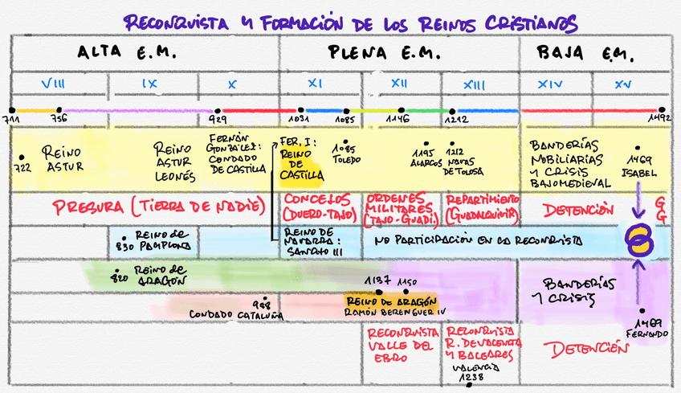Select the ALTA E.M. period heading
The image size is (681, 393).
coord(126,54)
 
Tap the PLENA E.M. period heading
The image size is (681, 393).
coord(385,54)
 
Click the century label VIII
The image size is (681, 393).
coord(53,84)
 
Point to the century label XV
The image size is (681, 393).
coord(622,84)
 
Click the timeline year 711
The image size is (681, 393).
coord(11,120)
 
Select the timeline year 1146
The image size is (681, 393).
coord(397,120)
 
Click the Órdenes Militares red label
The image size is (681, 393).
coord(400,208)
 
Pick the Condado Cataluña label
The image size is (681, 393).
coord(237,313)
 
